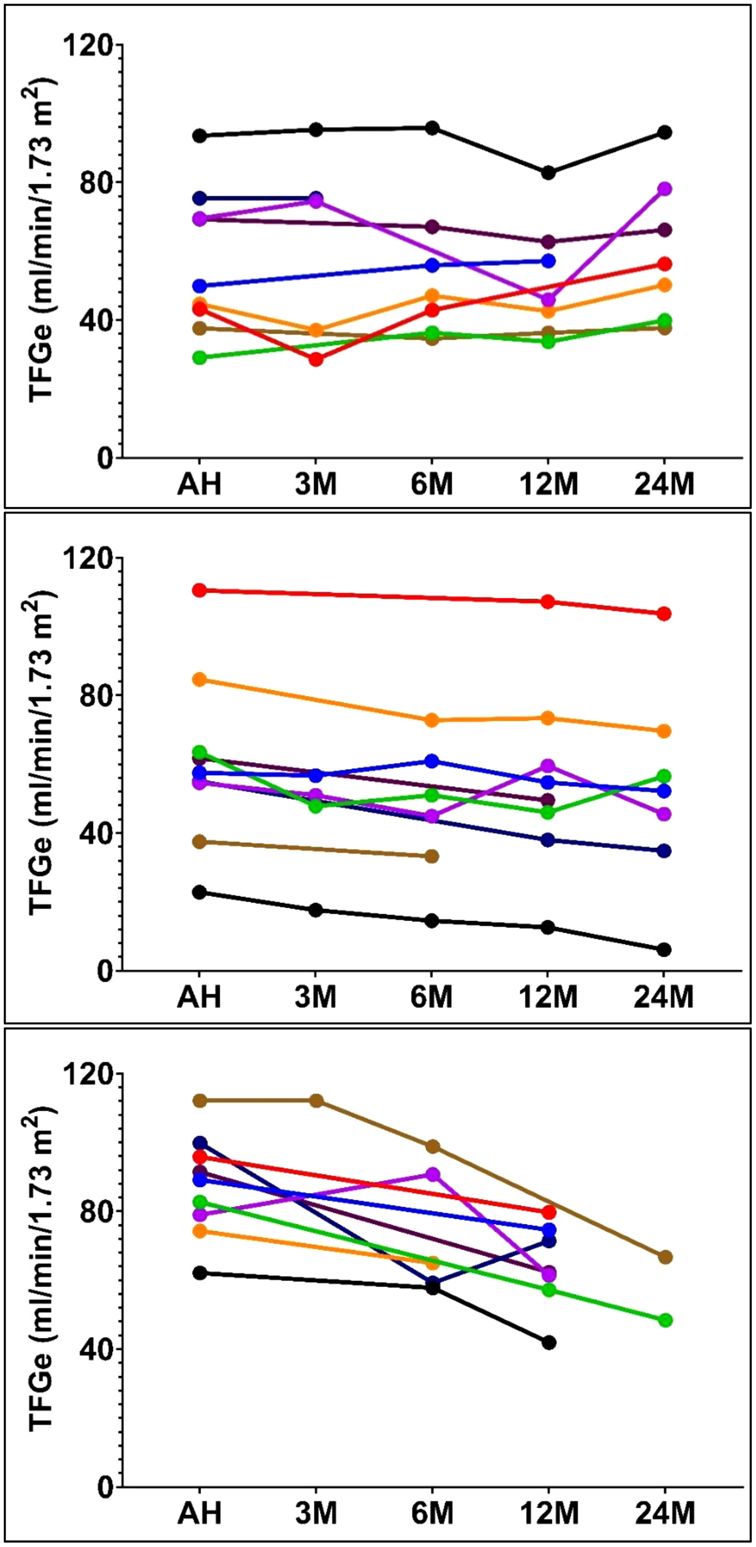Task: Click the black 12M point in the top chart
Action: (548, 173)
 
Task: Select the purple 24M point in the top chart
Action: (664, 189)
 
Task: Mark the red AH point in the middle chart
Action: (200, 590)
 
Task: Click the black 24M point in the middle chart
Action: (664, 950)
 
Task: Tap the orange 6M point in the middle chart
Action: (432, 720)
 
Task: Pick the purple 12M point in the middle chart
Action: (548, 766)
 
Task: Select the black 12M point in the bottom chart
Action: (548, 1343)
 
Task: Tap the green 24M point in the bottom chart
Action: (665, 1320)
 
